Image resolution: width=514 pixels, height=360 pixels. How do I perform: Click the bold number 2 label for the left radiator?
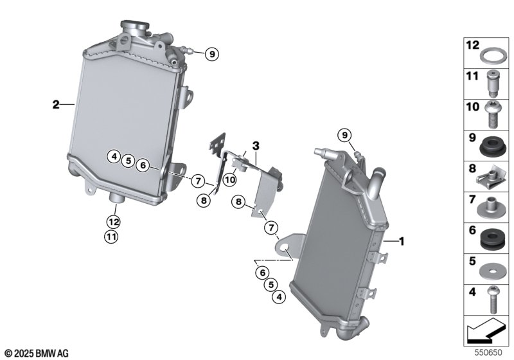click(x=56, y=105)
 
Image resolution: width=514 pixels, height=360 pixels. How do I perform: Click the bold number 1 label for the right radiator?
click(x=401, y=242)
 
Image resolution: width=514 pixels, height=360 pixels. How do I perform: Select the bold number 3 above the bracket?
click(x=256, y=146)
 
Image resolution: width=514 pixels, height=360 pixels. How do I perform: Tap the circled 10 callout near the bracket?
click(x=230, y=179)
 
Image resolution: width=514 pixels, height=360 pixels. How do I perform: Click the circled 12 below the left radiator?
click(x=114, y=222)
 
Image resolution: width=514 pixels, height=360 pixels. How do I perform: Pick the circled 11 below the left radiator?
click(x=111, y=237)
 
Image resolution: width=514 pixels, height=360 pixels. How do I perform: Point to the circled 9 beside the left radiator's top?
click(x=212, y=54)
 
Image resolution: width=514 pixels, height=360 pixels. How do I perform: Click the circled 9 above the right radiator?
click(x=344, y=135)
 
